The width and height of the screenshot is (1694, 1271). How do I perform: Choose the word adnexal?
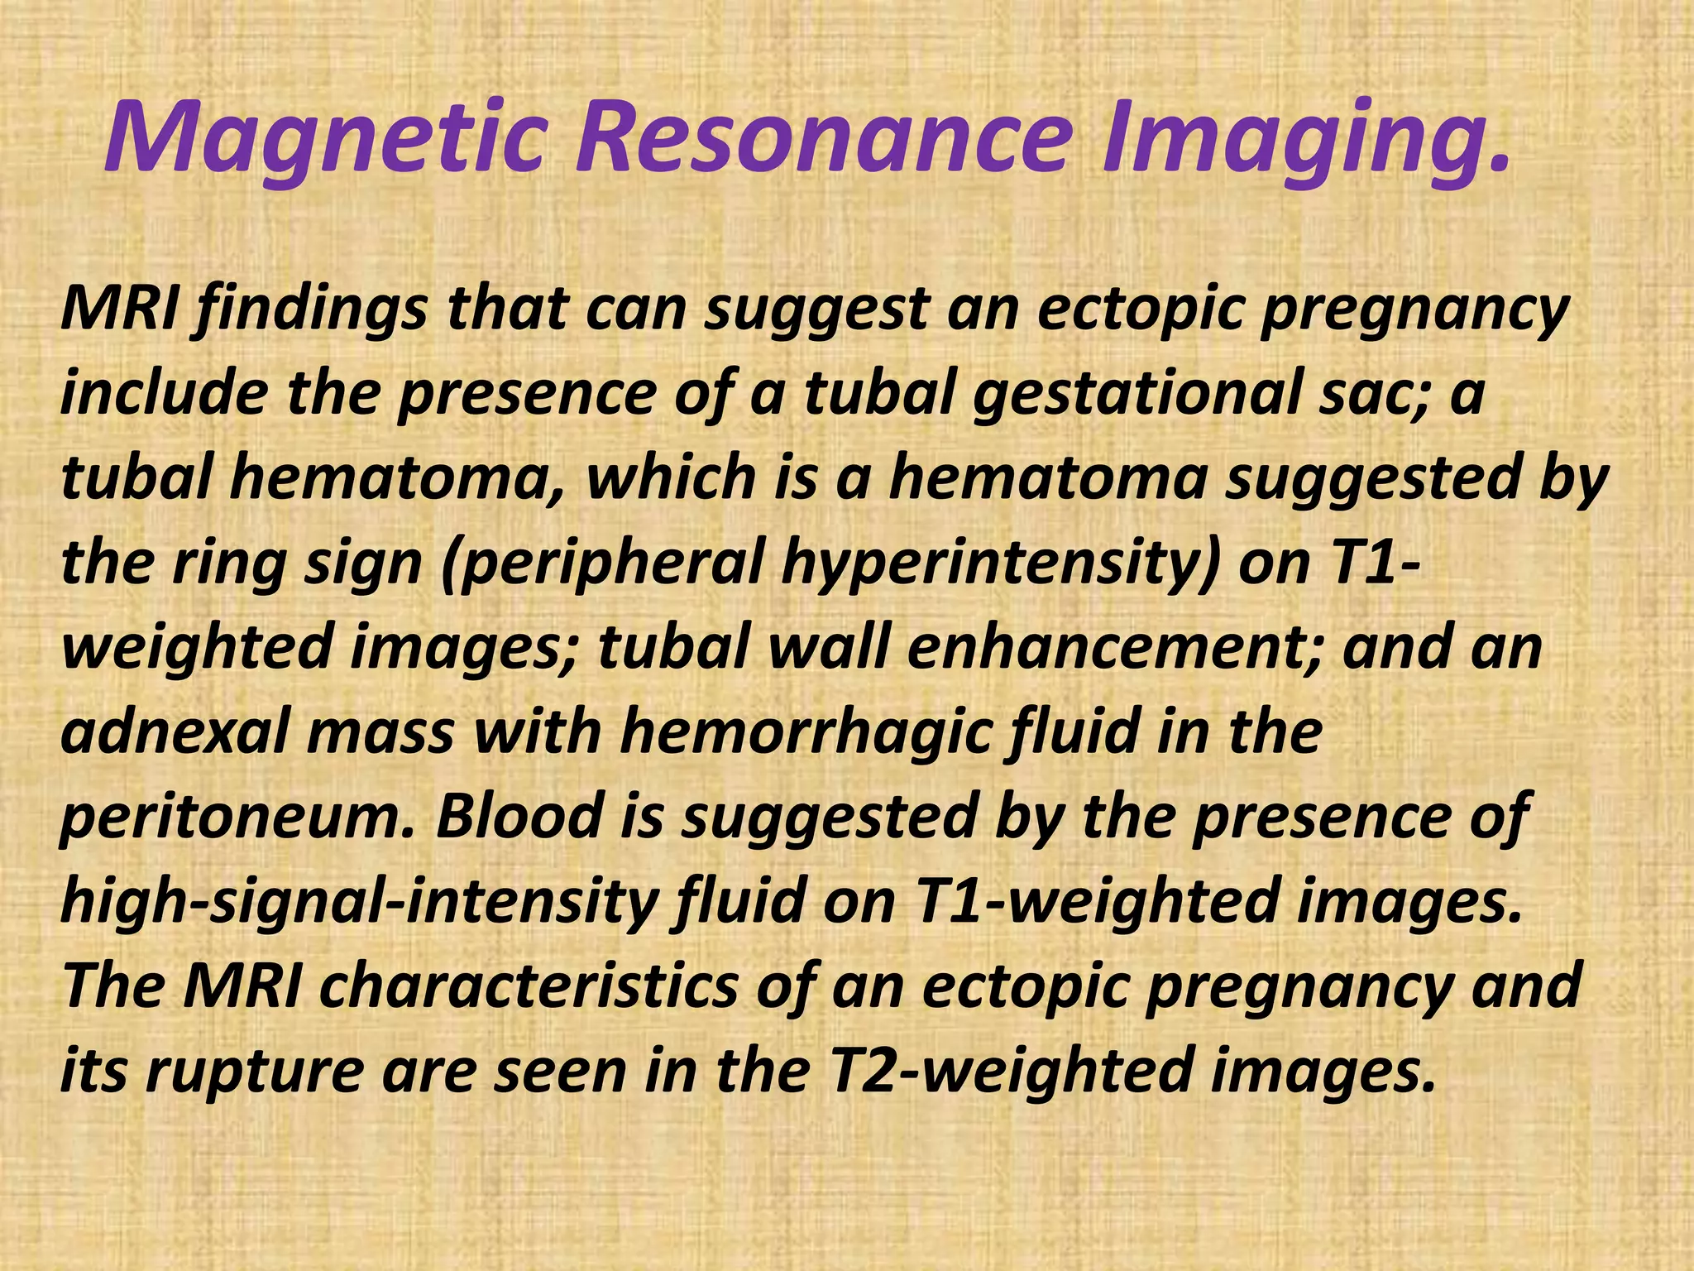tap(174, 732)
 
